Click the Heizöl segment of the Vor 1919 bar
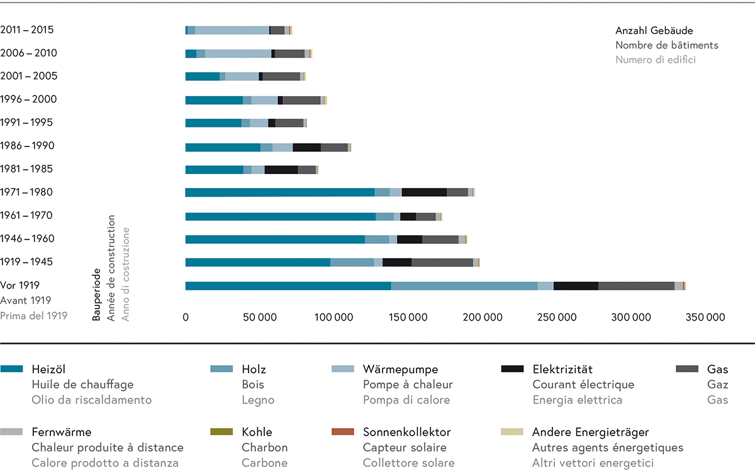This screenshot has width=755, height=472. (288, 286)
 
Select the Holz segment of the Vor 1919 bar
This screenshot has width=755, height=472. (464, 286)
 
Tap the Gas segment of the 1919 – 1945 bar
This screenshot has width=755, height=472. (442, 262)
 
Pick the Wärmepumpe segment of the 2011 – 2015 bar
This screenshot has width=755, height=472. (232, 30)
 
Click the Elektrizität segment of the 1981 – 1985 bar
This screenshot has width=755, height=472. (281, 169)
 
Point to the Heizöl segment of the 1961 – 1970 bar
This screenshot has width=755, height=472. (281, 216)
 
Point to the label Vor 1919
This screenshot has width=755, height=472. (20, 285)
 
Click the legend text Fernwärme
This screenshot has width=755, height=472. (61, 432)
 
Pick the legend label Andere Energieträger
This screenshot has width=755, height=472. (590, 432)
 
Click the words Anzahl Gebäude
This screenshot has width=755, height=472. (654, 31)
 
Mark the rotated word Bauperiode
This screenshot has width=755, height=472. (97, 296)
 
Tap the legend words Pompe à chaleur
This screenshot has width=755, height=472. (408, 385)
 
